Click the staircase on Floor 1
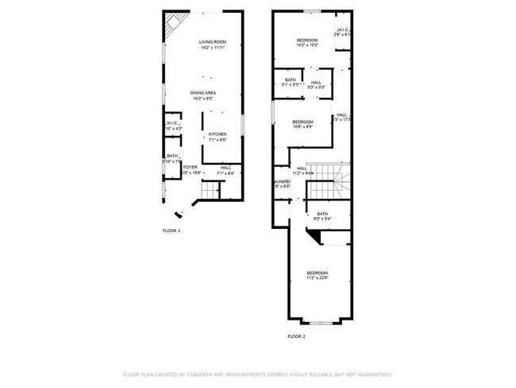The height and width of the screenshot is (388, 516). click(210, 190)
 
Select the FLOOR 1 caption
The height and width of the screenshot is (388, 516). click(171, 231)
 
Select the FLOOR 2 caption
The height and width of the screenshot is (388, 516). click(296, 336)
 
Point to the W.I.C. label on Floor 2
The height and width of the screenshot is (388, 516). click(343, 32)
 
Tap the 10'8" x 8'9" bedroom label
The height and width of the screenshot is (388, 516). click(302, 122)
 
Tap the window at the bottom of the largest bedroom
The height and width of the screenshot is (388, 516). click(320, 323)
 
